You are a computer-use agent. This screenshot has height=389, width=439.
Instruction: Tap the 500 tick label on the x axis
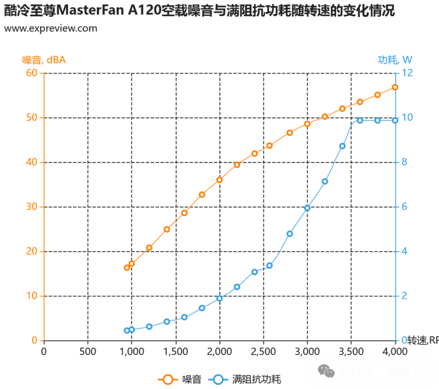[x=88, y=350]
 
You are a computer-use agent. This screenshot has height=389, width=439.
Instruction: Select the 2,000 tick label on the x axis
[x=219, y=350]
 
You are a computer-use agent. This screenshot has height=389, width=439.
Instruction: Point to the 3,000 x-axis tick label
[x=307, y=350]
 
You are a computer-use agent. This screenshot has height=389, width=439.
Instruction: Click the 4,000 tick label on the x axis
[x=395, y=350]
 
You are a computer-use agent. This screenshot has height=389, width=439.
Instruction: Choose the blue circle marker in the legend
[x=218, y=380]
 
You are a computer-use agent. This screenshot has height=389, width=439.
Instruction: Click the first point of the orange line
[x=127, y=267]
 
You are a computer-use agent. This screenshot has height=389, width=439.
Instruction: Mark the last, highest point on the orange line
[x=395, y=87]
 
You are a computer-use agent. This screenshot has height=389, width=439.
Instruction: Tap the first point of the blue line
[x=127, y=330]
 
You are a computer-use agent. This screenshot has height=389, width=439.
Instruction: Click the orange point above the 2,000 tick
[x=219, y=179]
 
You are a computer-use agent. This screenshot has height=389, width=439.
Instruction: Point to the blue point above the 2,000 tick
[x=220, y=298]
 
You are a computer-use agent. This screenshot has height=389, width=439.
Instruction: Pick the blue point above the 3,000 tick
[x=307, y=208]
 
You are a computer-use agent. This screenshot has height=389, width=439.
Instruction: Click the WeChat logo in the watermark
[x=326, y=371]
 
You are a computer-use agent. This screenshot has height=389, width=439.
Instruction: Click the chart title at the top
[x=199, y=14]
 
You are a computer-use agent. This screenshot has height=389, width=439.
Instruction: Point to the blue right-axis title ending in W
[x=395, y=61]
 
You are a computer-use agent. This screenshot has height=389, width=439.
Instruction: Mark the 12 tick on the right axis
[x=408, y=73]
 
